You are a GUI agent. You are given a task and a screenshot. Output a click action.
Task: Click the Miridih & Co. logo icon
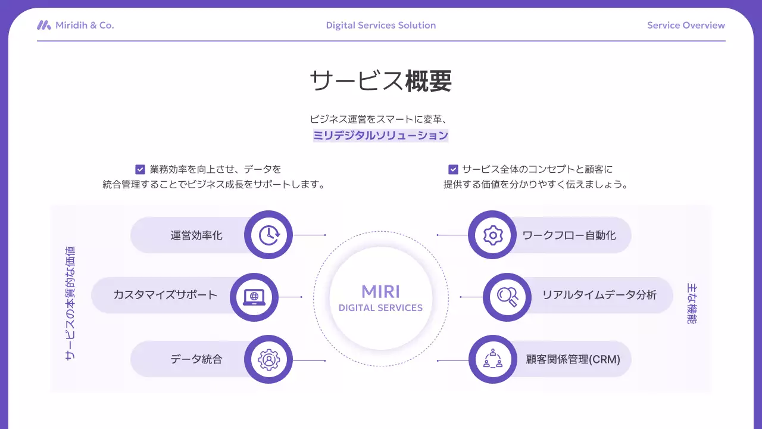coord(44,25)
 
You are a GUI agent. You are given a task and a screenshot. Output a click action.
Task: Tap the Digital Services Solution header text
coord(381,25)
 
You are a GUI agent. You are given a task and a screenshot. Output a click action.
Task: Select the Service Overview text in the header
coord(686,25)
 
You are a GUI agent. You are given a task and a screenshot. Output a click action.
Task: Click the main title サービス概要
coord(381,80)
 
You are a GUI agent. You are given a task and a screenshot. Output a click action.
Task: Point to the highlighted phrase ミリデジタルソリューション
coord(381,135)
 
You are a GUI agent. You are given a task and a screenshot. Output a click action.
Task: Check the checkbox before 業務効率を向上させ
coord(140,169)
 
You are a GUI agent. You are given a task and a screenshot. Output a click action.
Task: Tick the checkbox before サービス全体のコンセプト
coord(453,169)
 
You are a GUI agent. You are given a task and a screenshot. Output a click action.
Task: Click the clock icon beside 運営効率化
coord(268,235)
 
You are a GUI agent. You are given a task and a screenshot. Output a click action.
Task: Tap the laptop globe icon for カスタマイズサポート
coord(254,297)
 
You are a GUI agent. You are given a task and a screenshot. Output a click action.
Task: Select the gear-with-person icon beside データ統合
coord(268,359)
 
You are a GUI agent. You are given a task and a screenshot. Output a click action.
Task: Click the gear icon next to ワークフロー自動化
coord(493,235)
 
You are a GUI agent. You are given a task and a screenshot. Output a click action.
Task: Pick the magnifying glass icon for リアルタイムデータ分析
coord(507,297)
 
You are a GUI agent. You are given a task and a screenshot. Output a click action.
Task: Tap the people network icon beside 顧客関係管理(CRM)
coord(493,359)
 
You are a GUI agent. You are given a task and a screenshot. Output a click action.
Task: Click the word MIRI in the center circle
coord(381,291)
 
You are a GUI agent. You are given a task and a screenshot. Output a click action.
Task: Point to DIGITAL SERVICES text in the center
coord(381,308)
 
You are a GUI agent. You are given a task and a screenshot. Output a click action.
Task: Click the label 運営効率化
coord(196,235)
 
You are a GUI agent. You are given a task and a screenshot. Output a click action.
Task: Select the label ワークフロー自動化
coord(569,235)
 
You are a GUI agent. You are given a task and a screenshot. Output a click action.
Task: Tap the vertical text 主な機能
coord(691,303)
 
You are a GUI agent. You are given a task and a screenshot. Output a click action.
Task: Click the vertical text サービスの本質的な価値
coord(70,303)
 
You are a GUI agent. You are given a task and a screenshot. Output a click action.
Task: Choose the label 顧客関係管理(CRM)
coord(573,359)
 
